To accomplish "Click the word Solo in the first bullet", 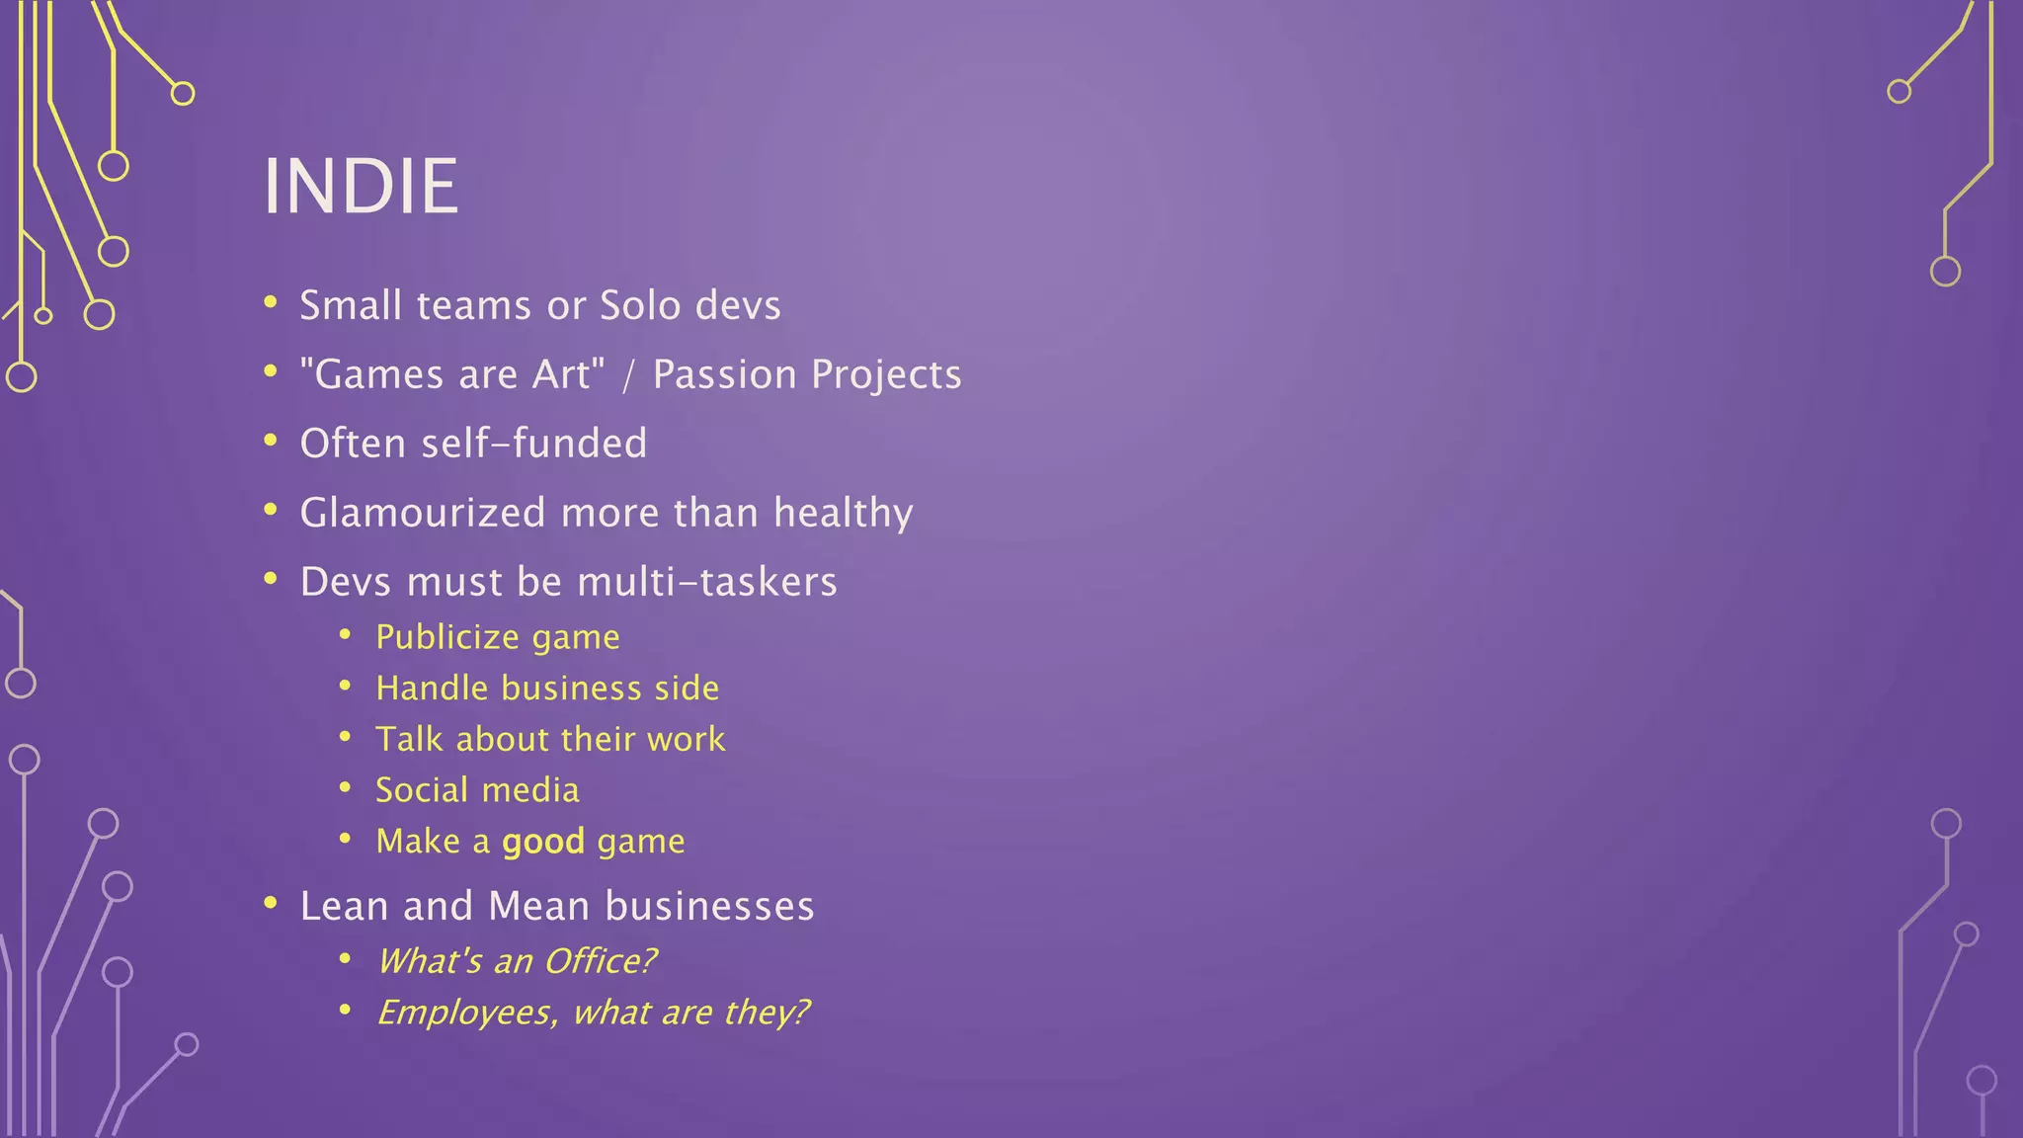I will (640, 306).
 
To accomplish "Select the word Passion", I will (724, 375).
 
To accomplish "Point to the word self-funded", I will (533, 444).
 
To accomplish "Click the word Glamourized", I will (423, 514).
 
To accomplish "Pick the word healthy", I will (843, 514).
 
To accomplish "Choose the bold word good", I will (543, 843).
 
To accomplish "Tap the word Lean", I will (344, 907).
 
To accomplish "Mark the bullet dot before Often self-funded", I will (271, 441).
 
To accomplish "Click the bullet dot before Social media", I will (345, 787).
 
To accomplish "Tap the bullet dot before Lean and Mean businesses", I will (271, 902).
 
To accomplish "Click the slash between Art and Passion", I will (628, 375).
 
